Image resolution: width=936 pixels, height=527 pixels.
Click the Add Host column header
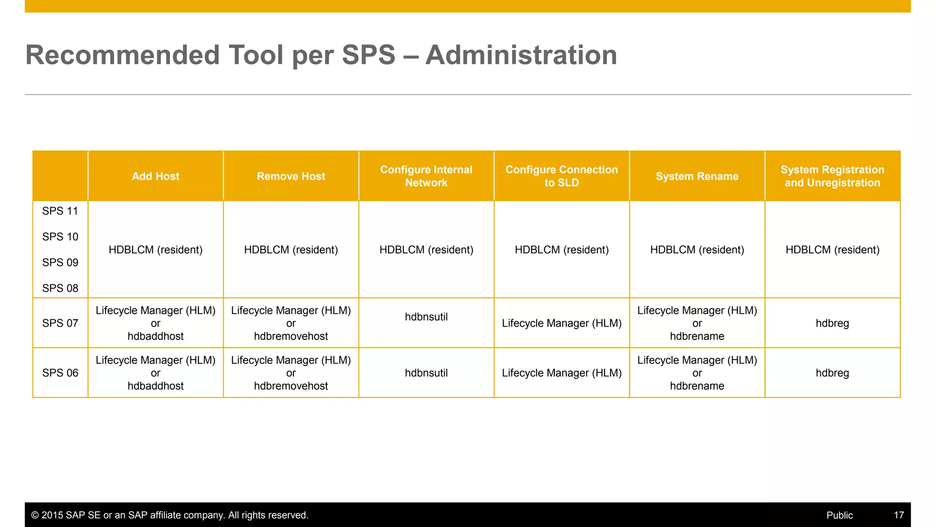pos(155,176)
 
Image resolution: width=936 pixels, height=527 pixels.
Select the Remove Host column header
pos(291,176)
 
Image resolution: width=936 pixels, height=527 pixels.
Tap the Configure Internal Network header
pos(426,176)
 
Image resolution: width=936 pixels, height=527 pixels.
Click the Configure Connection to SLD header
pos(561,176)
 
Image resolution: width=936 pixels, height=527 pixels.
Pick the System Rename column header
pos(697,176)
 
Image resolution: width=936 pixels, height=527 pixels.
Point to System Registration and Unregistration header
pos(832,176)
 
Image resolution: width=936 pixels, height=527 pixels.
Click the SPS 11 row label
pos(60,211)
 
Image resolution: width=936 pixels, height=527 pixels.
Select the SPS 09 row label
pos(60,263)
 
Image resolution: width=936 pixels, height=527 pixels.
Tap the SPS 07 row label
pos(60,323)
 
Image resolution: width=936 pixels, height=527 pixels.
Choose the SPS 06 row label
pos(60,373)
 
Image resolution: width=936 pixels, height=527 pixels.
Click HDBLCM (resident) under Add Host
pos(155,250)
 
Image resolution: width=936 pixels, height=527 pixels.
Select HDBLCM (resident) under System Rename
pos(697,250)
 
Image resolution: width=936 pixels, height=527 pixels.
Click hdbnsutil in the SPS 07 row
pos(426,317)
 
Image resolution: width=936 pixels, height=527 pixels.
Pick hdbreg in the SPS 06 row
pos(832,373)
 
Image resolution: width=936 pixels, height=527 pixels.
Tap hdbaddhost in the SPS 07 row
pos(155,336)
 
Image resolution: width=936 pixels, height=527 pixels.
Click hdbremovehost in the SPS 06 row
pos(291,386)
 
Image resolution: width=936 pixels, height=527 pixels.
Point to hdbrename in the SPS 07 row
pos(697,336)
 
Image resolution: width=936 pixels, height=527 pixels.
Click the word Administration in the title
pos(521,55)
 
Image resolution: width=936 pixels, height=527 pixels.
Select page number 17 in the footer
pos(899,515)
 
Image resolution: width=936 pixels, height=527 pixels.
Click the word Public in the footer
pos(839,515)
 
